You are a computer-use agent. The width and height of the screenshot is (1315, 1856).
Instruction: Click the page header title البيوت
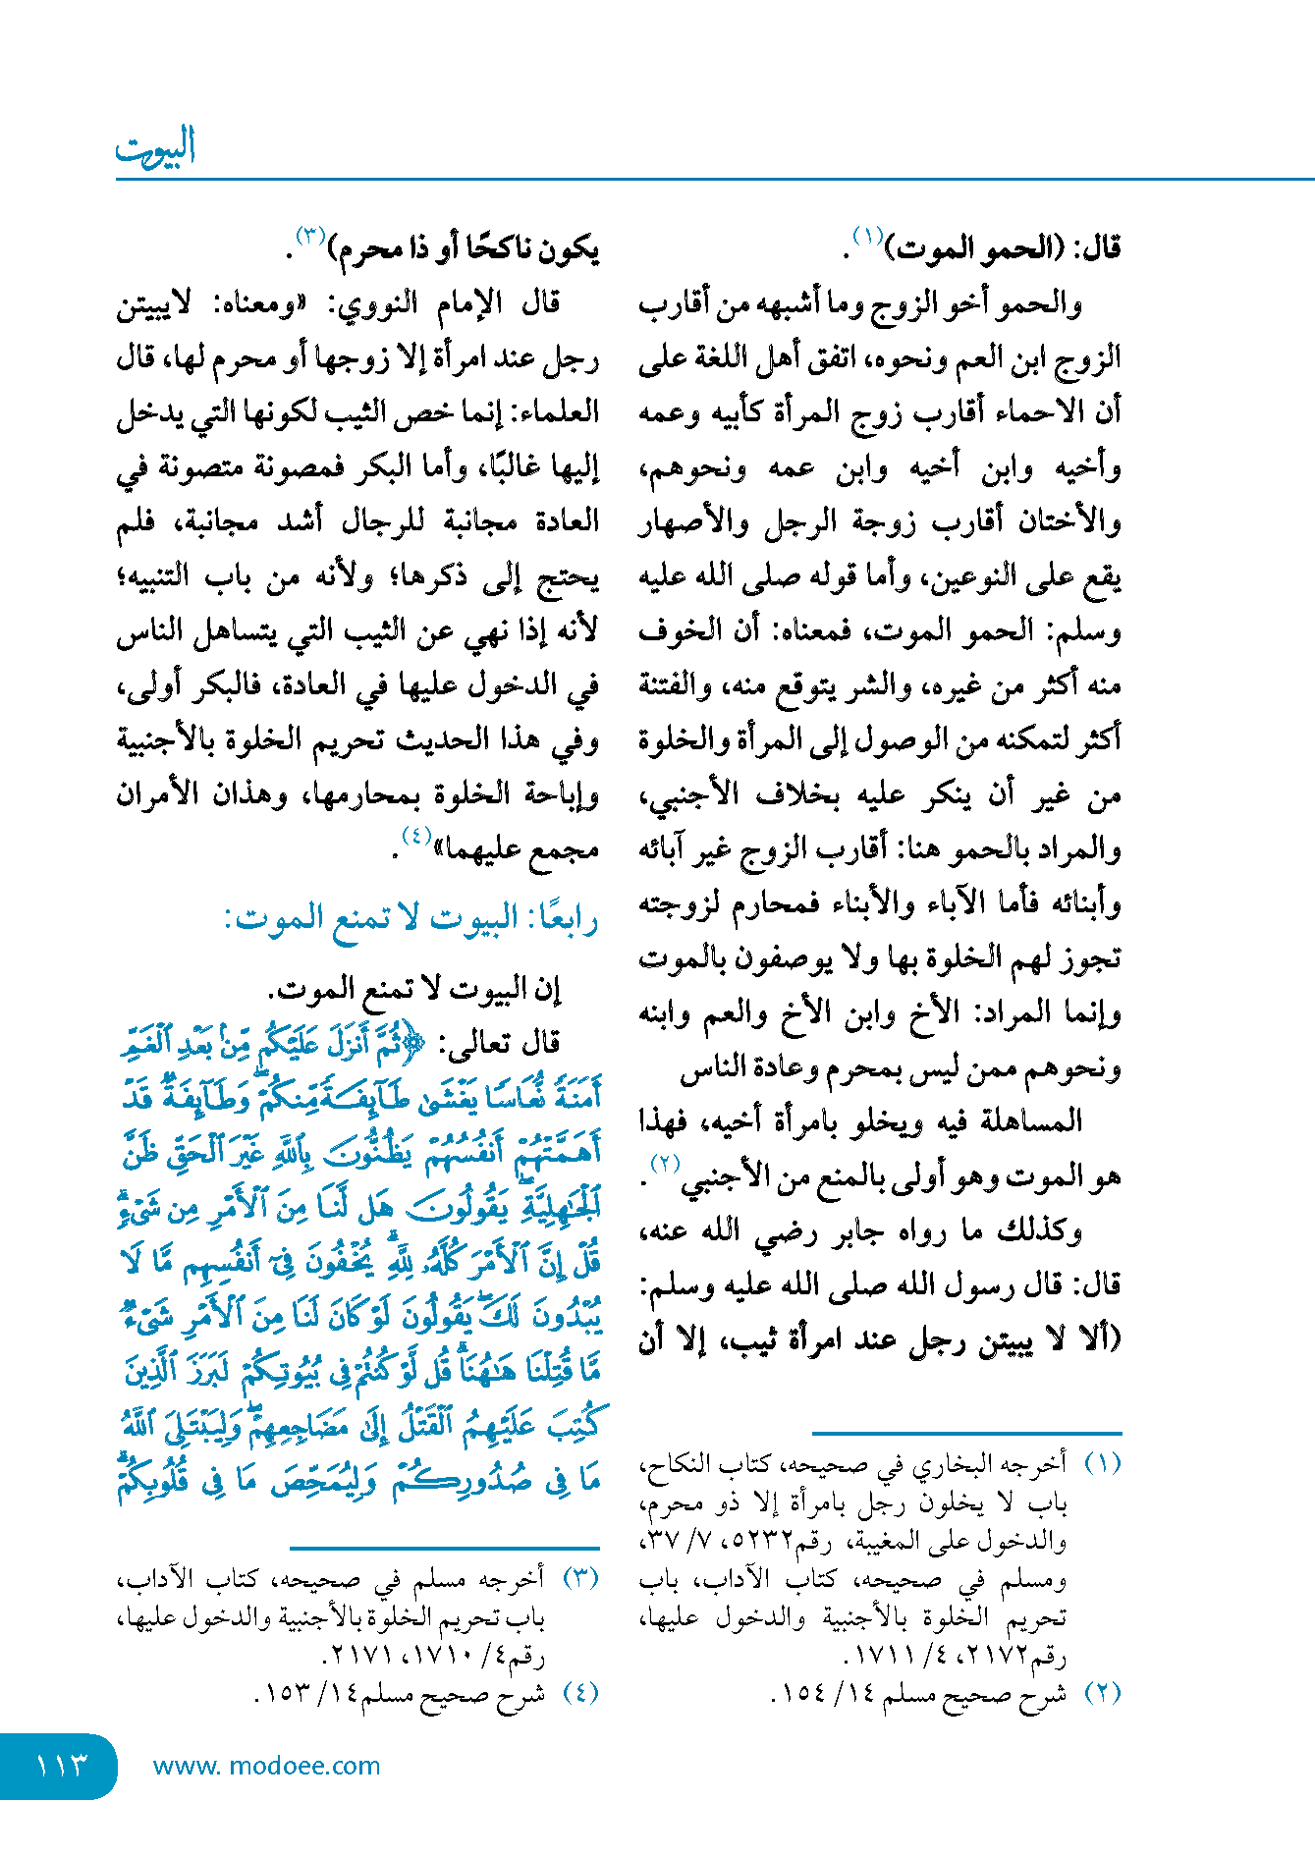tap(155, 147)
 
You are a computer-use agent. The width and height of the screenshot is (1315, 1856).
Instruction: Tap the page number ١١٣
tap(62, 1766)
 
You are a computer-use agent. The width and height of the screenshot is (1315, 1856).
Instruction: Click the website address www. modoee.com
tap(266, 1766)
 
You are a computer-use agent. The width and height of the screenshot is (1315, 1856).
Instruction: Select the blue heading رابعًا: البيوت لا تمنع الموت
tap(411, 919)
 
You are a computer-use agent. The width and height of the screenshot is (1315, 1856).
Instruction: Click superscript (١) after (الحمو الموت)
tap(868, 236)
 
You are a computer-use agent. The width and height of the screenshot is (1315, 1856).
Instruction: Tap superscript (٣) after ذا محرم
tap(310, 236)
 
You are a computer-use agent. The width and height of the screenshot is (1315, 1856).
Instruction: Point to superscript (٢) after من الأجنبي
tap(667, 1164)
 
